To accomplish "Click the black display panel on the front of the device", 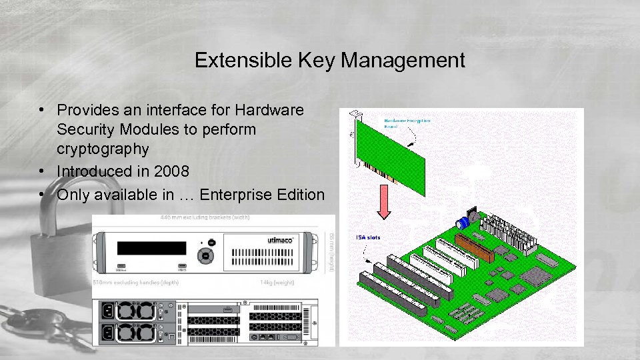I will (x=151, y=248).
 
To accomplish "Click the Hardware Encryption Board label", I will (x=407, y=124).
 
